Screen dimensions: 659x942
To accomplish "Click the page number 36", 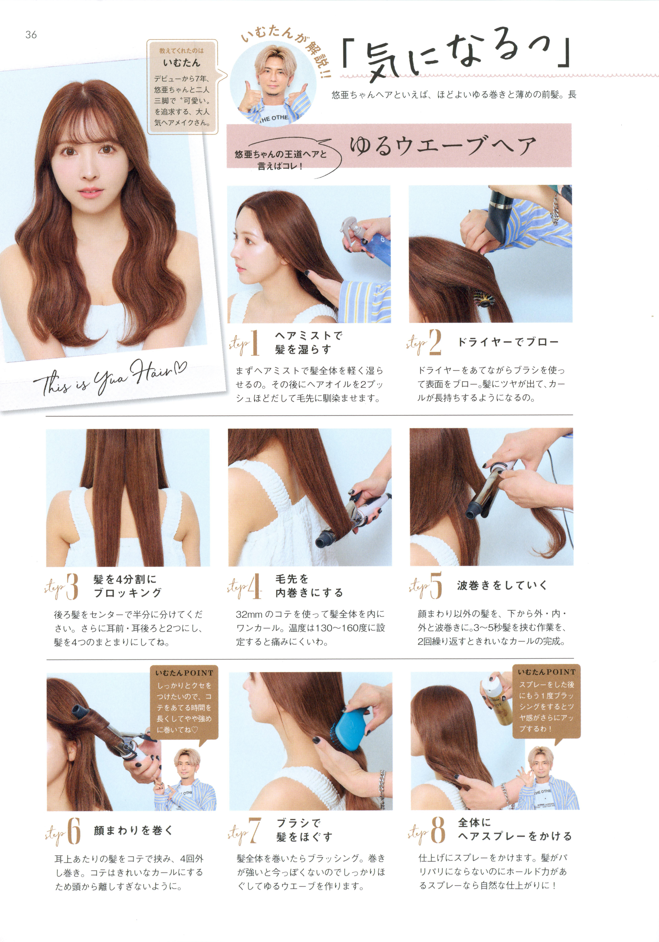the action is [31, 35].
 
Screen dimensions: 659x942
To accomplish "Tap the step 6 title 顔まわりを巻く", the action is [133, 830].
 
